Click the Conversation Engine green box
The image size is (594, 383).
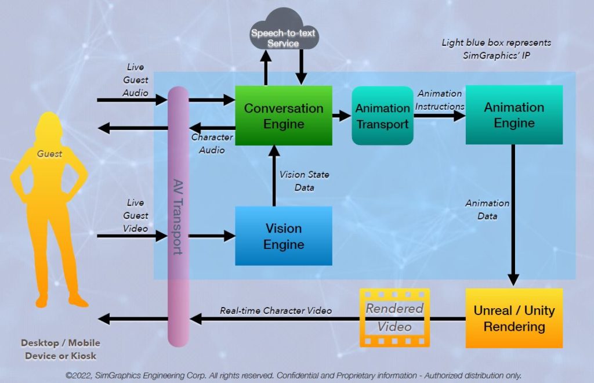[283, 115]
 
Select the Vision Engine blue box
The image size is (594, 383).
[283, 236]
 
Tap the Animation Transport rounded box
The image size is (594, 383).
[382, 116]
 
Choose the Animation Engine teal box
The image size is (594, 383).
[514, 115]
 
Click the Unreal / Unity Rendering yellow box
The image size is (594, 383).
[514, 318]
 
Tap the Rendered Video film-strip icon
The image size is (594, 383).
[394, 317]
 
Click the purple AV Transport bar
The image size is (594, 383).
[178, 215]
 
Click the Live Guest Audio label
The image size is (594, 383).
[135, 80]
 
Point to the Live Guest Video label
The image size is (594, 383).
[135, 215]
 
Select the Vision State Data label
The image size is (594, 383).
[304, 181]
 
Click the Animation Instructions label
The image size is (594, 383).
[440, 100]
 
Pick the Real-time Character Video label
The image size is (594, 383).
[276, 310]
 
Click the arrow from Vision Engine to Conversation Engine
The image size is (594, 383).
[273, 177]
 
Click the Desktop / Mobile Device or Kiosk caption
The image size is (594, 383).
[60, 349]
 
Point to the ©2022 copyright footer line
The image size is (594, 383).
[294, 375]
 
